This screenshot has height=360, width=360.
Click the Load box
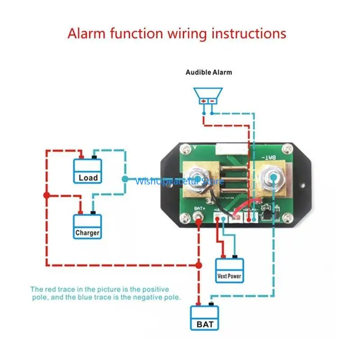(x=88, y=171)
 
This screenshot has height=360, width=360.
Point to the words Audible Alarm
(x=209, y=72)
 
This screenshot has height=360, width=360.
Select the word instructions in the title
(x=251, y=34)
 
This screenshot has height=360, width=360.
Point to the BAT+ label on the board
(x=200, y=209)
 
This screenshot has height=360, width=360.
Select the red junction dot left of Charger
(x=46, y=196)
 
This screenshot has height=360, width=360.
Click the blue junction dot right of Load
(x=125, y=179)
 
